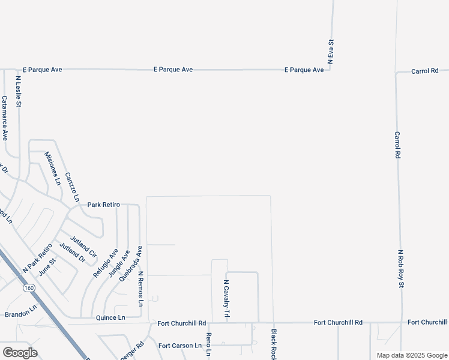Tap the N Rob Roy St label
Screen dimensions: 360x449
tap(400, 269)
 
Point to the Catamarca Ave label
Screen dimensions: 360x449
tap(4, 118)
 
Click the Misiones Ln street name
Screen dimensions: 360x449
tap(53, 168)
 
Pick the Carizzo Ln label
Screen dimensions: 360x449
tap(72, 187)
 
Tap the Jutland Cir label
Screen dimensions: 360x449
tap(83, 245)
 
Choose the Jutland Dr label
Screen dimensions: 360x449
tap(71, 253)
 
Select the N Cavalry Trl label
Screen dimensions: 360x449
tap(227, 298)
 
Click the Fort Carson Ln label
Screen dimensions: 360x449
tap(180, 346)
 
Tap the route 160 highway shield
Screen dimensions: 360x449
tap(29, 289)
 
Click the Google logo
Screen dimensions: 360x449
tap(20, 353)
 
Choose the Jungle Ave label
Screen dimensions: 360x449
tap(118, 264)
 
